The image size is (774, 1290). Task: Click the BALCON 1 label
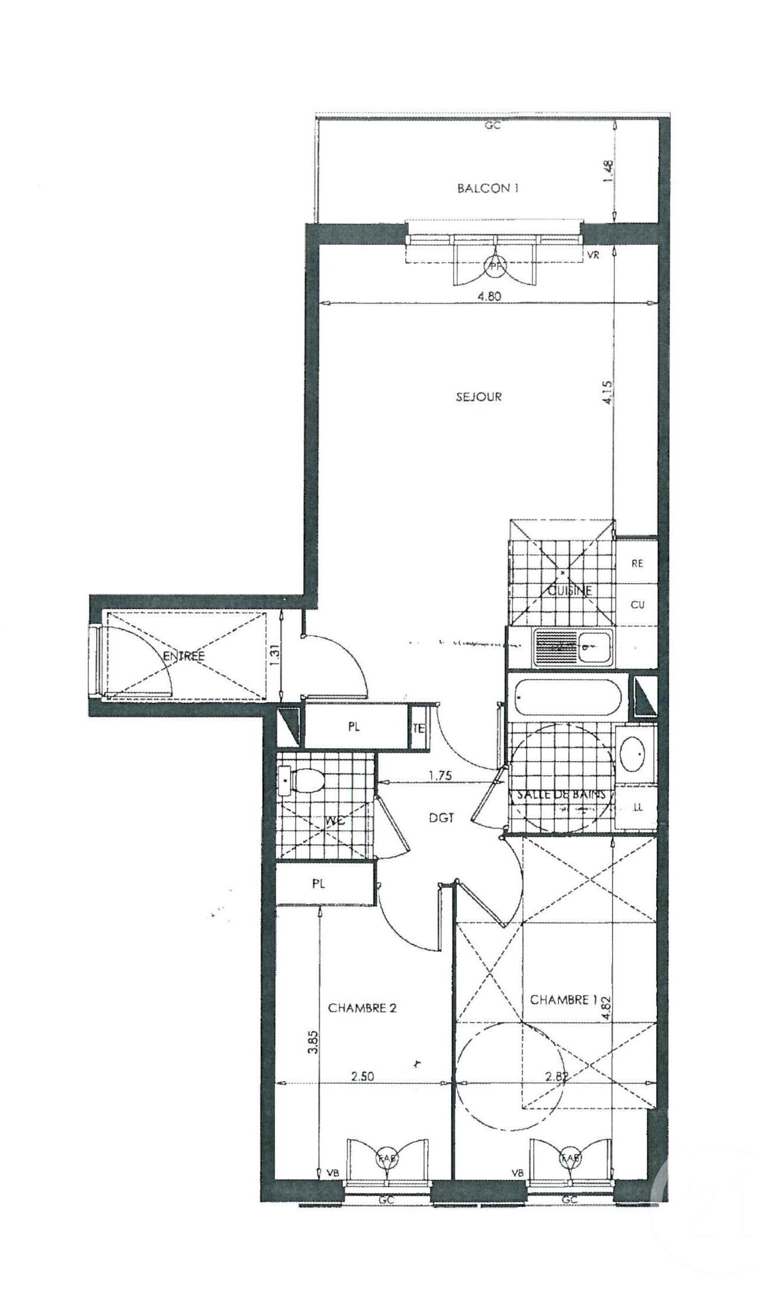[x=488, y=188]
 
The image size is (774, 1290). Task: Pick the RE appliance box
[x=637, y=563]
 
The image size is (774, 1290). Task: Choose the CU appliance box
[x=637, y=604]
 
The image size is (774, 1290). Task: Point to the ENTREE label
[x=184, y=656]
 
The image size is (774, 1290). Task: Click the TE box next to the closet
[x=418, y=728]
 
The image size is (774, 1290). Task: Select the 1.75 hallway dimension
[x=440, y=776]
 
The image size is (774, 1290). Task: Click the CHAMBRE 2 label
[x=362, y=1008]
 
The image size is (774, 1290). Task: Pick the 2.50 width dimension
[x=363, y=1076]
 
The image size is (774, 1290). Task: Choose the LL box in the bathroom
[x=637, y=808]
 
